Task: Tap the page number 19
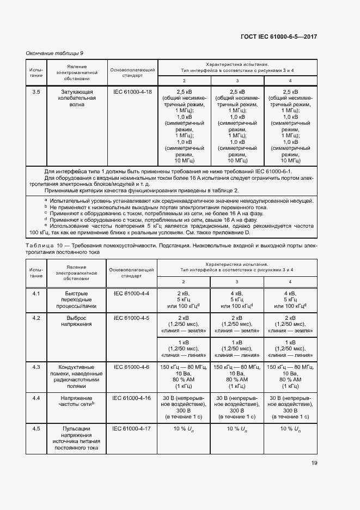(314, 463)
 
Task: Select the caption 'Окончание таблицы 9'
(54, 53)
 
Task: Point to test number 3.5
(36, 92)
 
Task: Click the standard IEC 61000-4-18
(132, 92)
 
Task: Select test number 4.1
(36, 294)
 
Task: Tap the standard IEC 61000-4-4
(131, 294)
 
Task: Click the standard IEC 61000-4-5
(131, 318)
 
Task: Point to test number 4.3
(36, 367)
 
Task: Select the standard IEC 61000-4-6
(131, 367)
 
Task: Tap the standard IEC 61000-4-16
(132, 398)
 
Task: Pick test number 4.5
(36, 429)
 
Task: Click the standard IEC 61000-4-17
(132, 429)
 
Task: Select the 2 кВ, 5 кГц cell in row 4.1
(184, 300)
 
